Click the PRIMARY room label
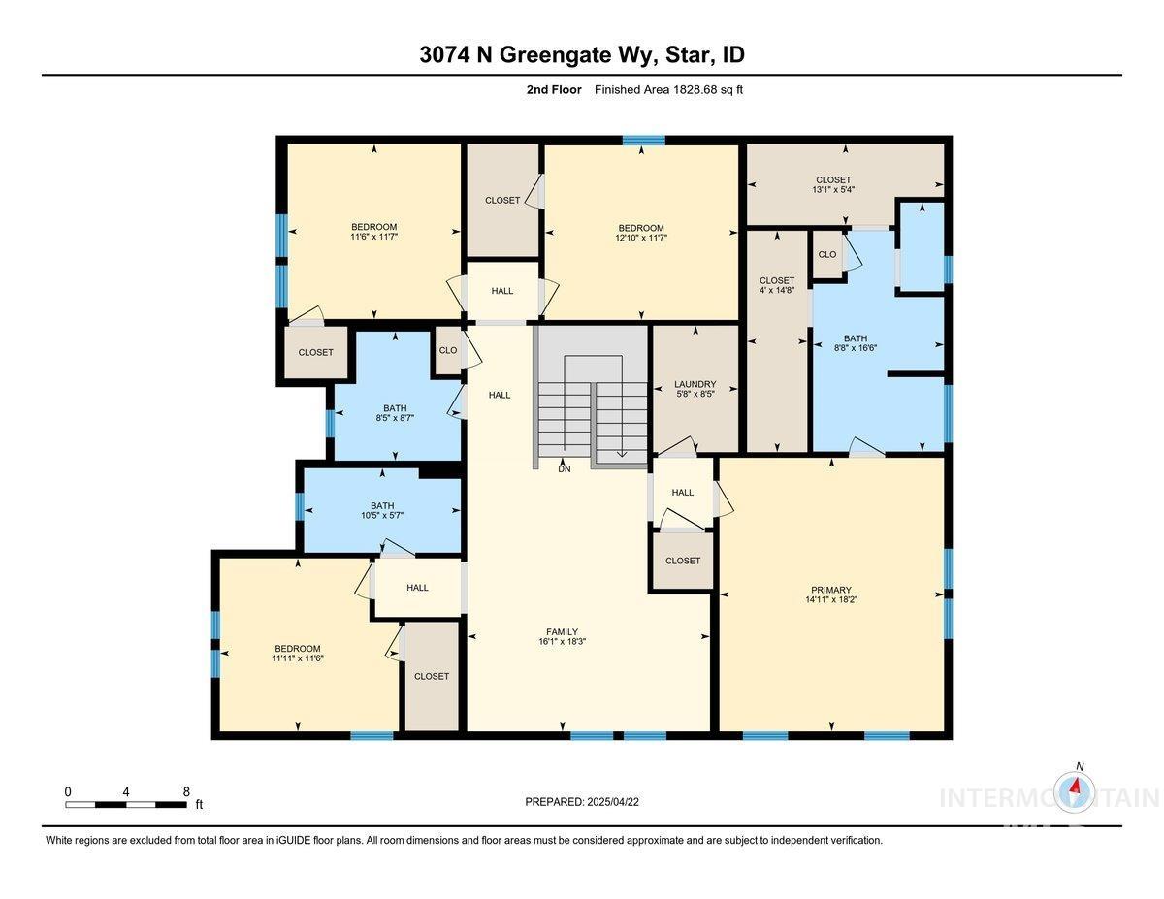(831, 590)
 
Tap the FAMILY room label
(563, 631)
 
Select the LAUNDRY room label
(695, 384)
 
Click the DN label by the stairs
(565, 469)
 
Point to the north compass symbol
(1075, 789)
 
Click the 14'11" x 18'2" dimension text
(831, 600)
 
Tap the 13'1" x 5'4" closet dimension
(832, 190)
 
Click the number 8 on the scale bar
(186, 791)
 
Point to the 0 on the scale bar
(68, 791)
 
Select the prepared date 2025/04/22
(611, 802)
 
